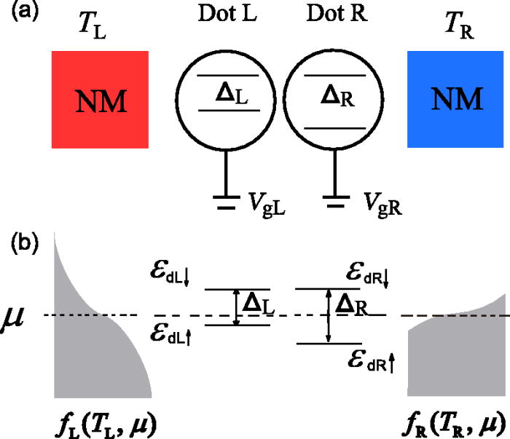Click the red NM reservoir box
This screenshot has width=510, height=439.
tap(101, 100)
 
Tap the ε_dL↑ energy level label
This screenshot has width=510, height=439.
tap(168, 334)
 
